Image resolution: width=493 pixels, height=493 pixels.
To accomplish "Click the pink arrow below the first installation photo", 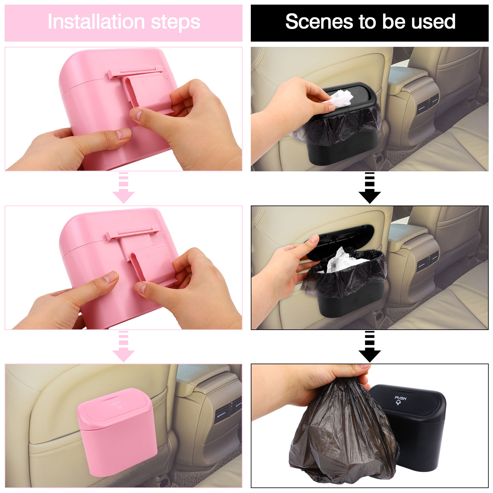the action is click(x=123, y=188).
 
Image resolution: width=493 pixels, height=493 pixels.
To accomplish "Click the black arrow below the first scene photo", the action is click(x=369, y=188).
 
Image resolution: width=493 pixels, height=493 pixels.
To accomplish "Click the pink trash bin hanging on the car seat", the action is click(x=117, y=431).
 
